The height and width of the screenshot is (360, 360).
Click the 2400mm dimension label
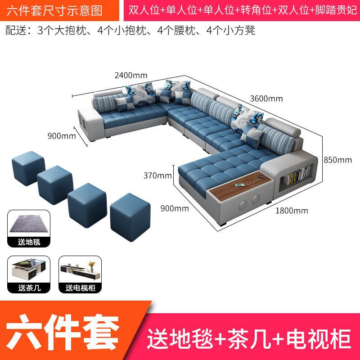point(131,75)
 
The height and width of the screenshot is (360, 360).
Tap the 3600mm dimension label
point(267,99)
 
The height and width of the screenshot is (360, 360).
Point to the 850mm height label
point(337,159)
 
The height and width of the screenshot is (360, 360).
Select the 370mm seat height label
point(157,175)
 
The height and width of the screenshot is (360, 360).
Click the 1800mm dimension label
point(292,210)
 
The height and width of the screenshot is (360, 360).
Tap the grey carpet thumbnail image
point(27,225)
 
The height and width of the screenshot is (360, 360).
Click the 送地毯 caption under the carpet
point(27,242)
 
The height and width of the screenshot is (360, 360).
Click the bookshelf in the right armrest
point(296,175)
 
